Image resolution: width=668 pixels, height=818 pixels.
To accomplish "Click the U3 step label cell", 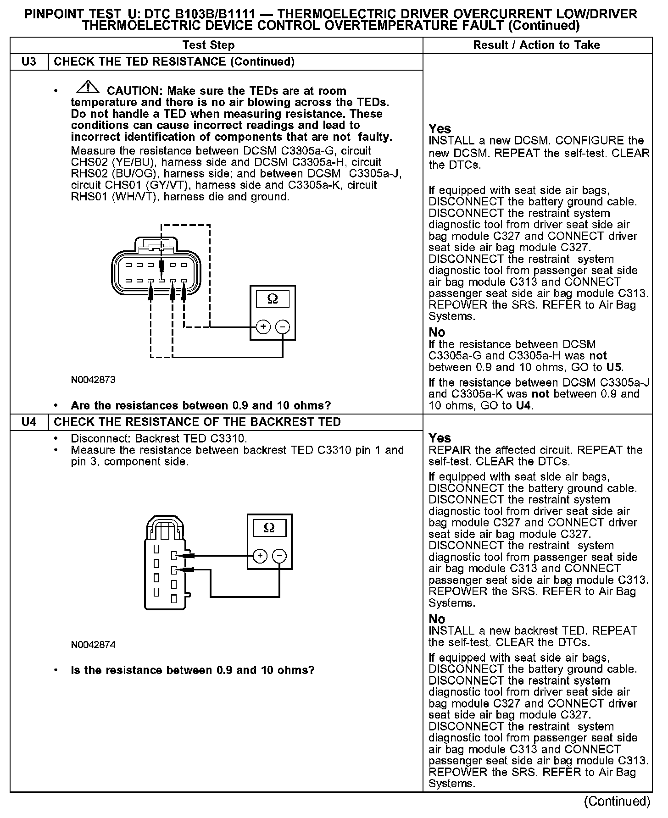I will coord(29,62).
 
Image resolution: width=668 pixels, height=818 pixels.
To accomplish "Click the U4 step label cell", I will coord(29,422).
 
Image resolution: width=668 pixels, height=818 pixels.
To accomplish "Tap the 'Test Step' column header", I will coord(208,45).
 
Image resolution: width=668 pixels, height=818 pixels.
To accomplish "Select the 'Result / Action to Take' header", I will coord(536,45).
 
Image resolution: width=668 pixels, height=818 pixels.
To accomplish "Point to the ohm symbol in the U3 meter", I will coord(272,299).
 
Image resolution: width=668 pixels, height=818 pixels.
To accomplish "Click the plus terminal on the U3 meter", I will coord(263,326).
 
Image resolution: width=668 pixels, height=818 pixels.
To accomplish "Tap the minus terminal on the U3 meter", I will coord(283,326).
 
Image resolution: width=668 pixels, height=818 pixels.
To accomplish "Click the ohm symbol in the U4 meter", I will coord(269,528).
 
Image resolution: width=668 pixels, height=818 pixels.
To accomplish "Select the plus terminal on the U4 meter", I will coord(260,556).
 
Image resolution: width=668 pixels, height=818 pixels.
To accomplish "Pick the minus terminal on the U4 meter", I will coord(279,556).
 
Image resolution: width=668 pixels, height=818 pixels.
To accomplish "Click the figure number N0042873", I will coord(93,380).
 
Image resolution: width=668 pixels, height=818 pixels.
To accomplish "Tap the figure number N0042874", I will coord(93,645).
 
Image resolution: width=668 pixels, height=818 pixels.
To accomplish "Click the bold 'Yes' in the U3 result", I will coord(440,128).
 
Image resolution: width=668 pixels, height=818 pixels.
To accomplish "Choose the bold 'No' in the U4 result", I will coord(437,619).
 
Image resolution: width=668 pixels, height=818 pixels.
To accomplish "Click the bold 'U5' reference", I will coord(614,367).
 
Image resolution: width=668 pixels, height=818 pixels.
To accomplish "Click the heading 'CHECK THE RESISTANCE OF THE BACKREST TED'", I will coord(197,422).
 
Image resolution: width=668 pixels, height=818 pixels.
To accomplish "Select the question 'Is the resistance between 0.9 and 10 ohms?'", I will coord(193,670).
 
